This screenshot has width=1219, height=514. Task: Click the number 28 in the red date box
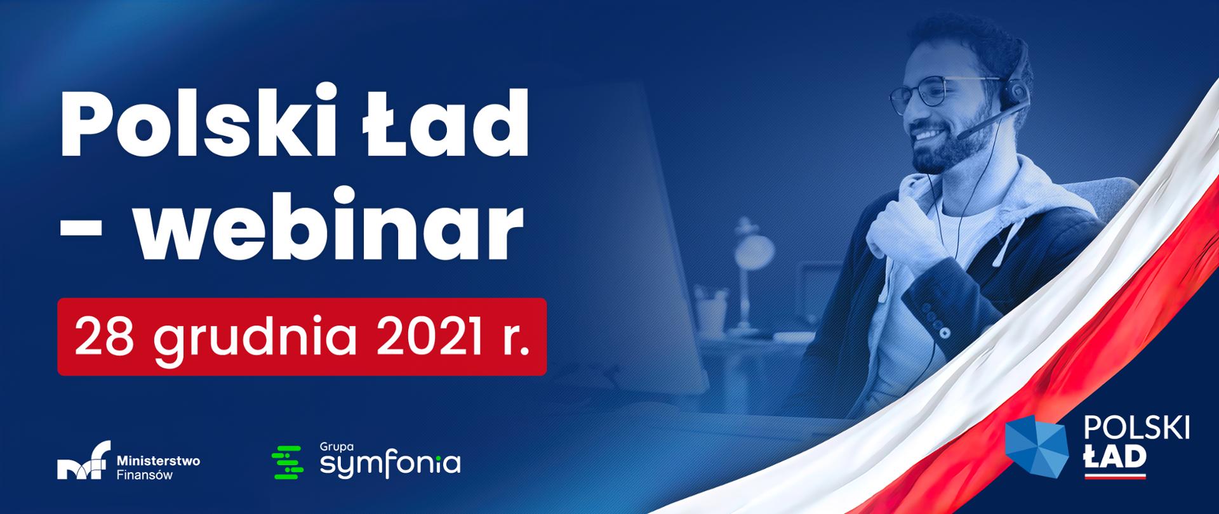tap(103, 337)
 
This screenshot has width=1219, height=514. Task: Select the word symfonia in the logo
tap(390, 465)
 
